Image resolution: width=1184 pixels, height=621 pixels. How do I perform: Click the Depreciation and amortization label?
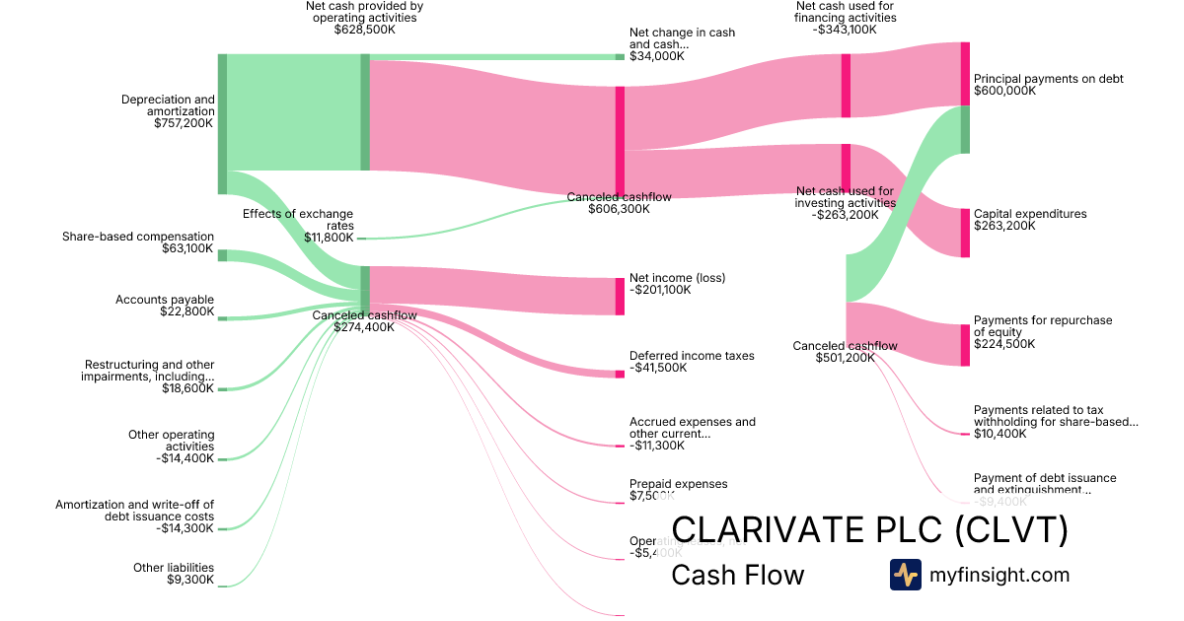coord(167,105)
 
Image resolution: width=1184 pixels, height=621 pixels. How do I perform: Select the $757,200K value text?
coord(185,123)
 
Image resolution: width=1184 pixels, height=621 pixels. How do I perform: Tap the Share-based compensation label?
coord(137,237)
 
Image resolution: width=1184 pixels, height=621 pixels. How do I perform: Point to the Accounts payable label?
coord(164,300)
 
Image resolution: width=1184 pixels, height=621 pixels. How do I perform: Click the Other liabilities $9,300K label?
coord(174,574)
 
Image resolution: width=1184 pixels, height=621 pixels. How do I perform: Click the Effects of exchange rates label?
coord(298,219)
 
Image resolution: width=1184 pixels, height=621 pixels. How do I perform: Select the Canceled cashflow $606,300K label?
coord(619,203)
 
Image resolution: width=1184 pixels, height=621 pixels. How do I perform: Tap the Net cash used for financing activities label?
coord(846,18)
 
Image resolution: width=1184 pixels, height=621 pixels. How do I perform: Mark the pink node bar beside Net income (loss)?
coord(620,297)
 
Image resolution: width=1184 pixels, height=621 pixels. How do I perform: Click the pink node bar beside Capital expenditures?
coord(965,233)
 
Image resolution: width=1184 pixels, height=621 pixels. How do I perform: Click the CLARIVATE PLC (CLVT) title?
coord(869,530)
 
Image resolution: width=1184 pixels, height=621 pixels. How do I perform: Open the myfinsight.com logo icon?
coord(905,575)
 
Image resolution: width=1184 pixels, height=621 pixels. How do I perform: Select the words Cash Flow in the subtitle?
coord(737,575)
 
